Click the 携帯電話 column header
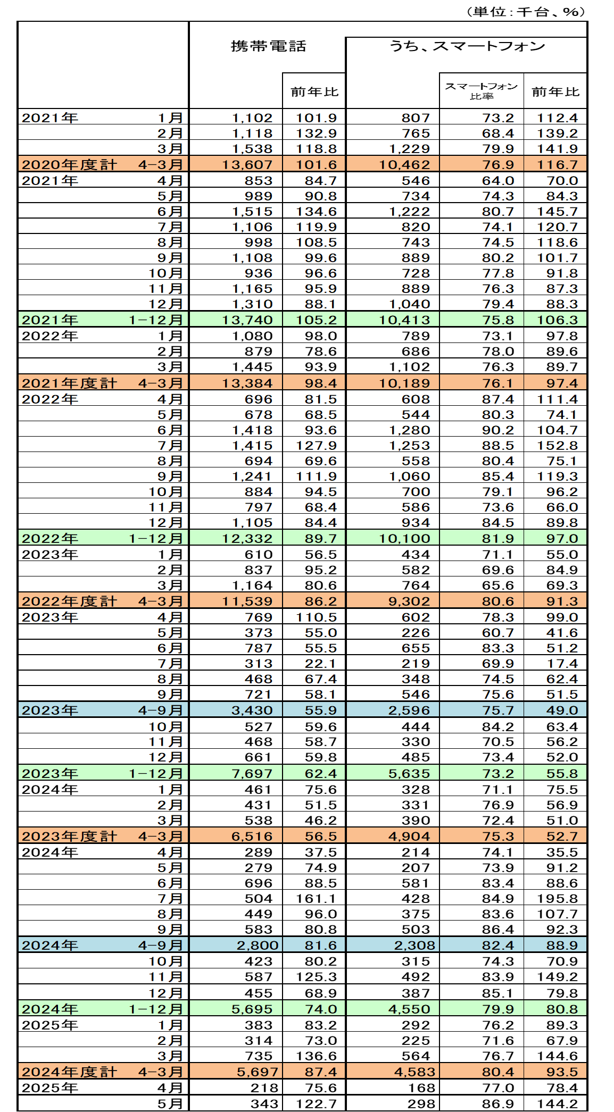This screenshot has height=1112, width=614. [268, 46]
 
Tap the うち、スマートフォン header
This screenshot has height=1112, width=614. [467, 46]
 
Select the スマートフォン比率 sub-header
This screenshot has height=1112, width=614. [481, 91]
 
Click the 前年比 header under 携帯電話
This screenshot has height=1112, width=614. [314, 92]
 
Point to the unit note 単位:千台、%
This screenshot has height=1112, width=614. [525, 12]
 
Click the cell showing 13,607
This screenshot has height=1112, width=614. [247, 165]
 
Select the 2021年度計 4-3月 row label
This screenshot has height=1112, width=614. [103, 383]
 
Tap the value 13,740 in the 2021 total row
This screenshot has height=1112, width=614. [247, 320]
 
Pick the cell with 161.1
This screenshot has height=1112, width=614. [316, 899]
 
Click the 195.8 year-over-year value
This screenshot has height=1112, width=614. [557, 899]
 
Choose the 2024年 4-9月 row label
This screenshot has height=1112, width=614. [103, 945]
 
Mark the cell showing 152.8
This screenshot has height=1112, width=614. [557, 446]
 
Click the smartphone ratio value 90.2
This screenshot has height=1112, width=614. [497, 430]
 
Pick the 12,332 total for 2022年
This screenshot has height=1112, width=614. [247, 539]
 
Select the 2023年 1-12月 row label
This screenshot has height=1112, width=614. [103, 774]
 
